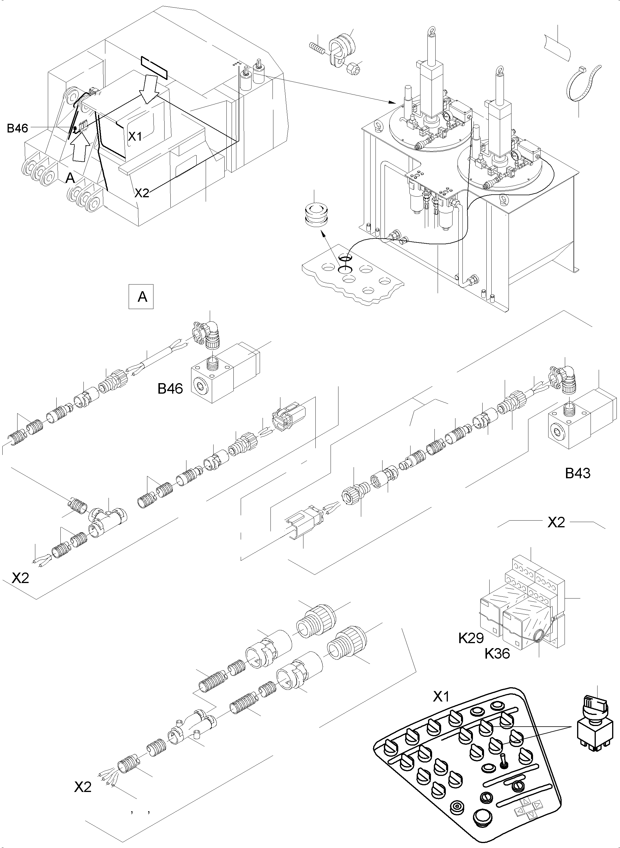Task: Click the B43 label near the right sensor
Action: pyautogui.click(x=578, y=473)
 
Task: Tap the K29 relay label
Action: pyautogui.click(x=471, y=638)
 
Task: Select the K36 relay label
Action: pyautogui.click(x=497, y=654)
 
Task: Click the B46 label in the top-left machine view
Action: pyautogui.click(x=18, y=128)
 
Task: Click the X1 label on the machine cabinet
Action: pyautogui.click(x=135, y=137)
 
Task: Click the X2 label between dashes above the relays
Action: pyautogui.click(x=556, y=523)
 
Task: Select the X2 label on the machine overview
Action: pyautogui.click(x=142, y=193)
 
